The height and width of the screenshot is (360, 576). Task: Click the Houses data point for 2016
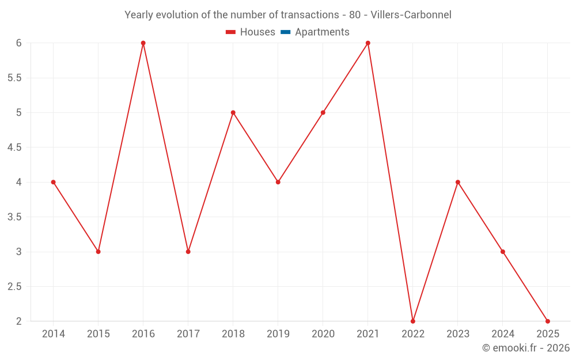click(x=143, y=43)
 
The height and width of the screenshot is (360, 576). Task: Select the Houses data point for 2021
click(x=368, y=43)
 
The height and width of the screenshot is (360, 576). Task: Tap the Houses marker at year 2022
click(x=413, y=321)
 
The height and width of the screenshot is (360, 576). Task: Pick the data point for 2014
click(x=54, y=182)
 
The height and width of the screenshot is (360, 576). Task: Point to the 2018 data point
click(x=233, y=112)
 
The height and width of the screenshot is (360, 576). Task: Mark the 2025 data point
click(x=548, y=321)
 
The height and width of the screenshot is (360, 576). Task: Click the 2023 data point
click(x=458, y=182)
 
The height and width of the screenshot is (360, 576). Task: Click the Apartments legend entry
click(x=322, y=32)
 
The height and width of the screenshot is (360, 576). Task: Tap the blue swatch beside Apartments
click(x=285, y=32)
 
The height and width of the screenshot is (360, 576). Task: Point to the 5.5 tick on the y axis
click(x=14, y=78)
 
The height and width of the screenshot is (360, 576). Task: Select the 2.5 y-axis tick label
click(x=14, y=286)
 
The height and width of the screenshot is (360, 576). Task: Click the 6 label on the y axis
click(x=18, y=43)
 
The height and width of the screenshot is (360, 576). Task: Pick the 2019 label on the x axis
click(x=278, y=334)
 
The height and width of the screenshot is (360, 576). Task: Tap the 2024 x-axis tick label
click(x=503, y=334)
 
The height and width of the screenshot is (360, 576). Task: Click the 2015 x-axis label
click(x=98, y=334)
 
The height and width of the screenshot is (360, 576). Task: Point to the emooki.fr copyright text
click(x=526, y=348)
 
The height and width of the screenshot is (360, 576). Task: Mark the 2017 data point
click(x=188, y=252)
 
